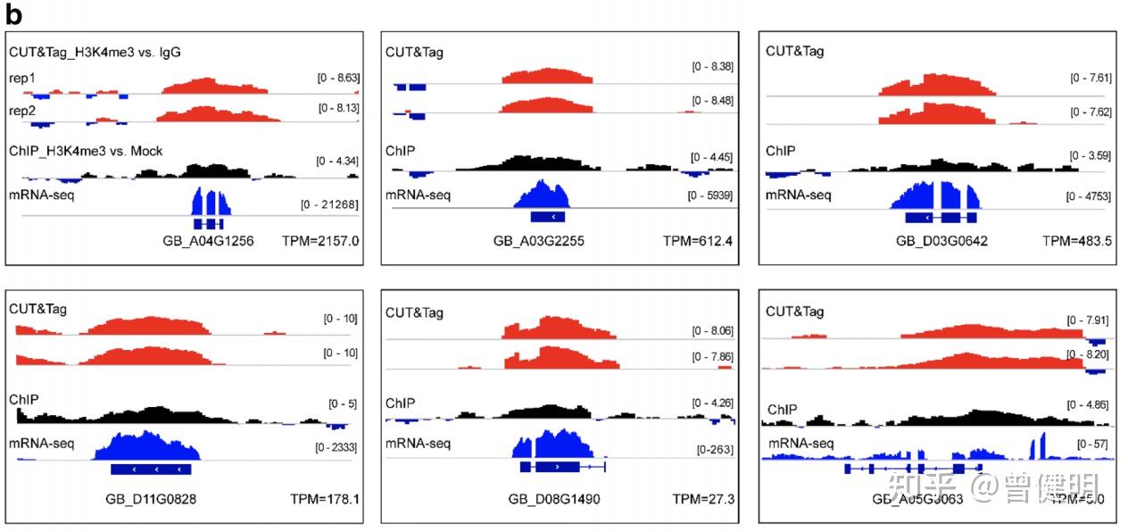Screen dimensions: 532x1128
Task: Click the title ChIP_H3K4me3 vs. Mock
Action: [x=86, y=151]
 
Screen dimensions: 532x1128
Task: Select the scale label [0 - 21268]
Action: [x=329, y=205]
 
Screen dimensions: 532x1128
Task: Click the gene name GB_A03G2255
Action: [x=539, y=241]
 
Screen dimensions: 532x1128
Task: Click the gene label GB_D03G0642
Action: [x=941, y=241]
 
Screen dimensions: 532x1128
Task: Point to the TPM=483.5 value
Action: [x=1077, y=241]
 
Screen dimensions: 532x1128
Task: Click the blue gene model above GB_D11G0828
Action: [x=150, y=469]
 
